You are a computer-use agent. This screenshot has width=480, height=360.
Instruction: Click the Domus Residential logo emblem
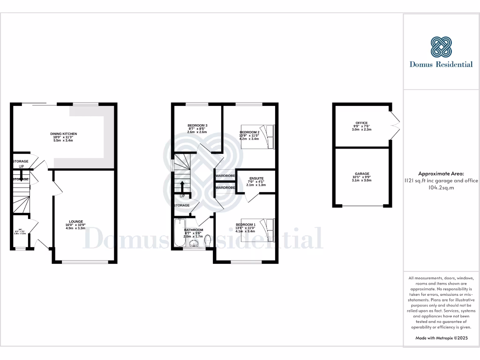click(441, 47)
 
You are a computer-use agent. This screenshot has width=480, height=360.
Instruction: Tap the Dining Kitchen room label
click(63, 134)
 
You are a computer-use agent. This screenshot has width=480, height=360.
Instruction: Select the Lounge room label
click(76, 221)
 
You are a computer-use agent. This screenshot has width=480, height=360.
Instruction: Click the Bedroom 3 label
click(197, 126)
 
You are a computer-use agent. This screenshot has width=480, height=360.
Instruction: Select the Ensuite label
click(256, 179)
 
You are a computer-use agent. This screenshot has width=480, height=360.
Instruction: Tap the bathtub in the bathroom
click(180, 233)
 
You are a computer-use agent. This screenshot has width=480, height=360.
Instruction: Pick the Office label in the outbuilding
click(361, 123)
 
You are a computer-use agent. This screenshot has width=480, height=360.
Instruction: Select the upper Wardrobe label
click(225, 176)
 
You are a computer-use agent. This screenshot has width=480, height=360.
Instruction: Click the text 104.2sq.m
click(441, 187)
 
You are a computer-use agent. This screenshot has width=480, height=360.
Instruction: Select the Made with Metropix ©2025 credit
click(441, 338)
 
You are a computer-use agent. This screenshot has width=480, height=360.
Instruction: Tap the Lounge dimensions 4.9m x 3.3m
click(76, 229)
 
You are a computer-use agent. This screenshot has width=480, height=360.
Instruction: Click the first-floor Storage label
click(182, 205)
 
